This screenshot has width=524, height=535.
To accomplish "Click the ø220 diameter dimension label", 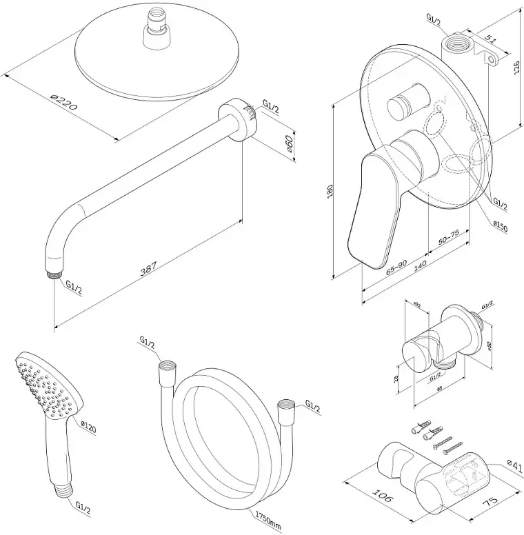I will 63,104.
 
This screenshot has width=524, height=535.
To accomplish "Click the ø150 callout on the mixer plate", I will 499,225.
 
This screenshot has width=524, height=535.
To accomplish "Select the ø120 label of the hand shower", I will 88,428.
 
